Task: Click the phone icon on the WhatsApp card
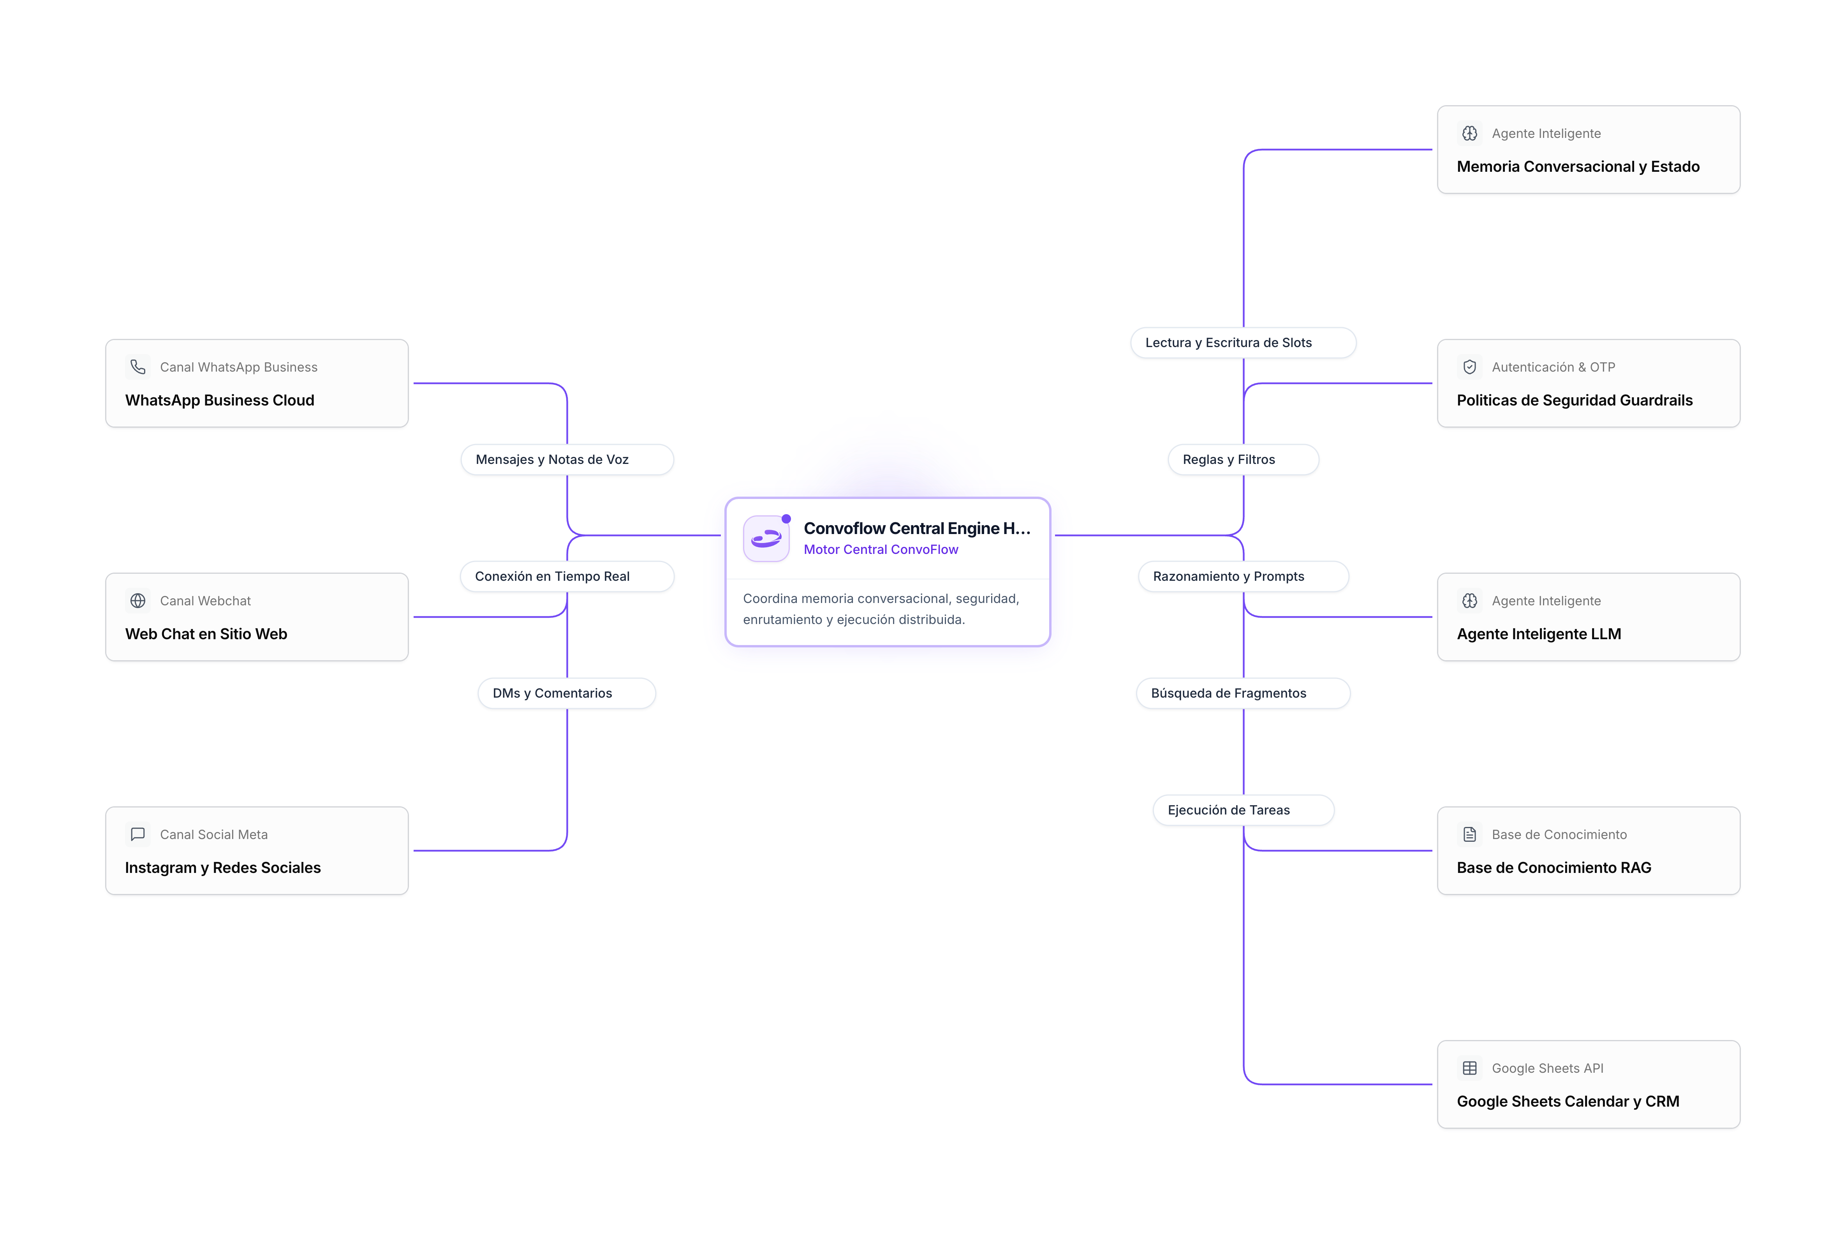point(138,367)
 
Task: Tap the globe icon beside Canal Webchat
point(138,601)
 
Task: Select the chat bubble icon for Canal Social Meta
point(138,834)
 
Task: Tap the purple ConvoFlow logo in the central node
point(766,538)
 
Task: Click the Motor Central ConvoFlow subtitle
point(881,549)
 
